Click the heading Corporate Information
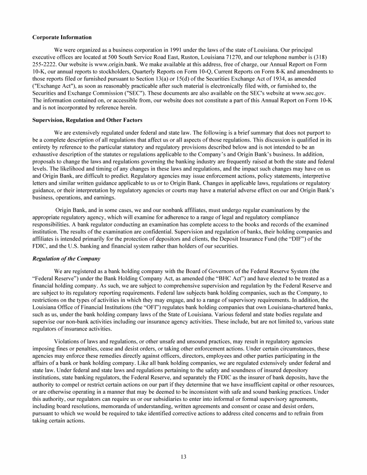(x=62, y=37)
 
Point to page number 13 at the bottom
(x=183, y=457)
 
